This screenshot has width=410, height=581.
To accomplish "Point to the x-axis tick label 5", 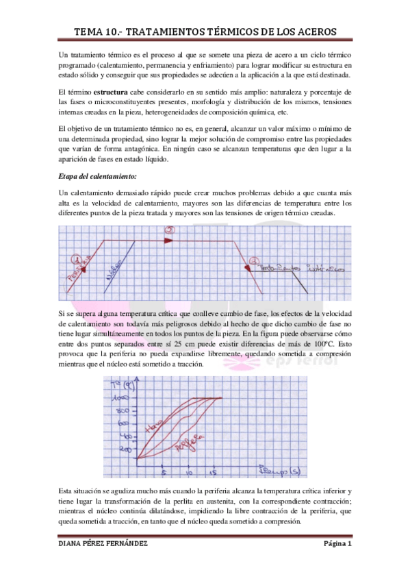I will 163,473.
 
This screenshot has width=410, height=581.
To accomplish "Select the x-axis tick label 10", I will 189,473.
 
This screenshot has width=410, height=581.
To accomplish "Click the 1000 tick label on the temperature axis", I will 125,397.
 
